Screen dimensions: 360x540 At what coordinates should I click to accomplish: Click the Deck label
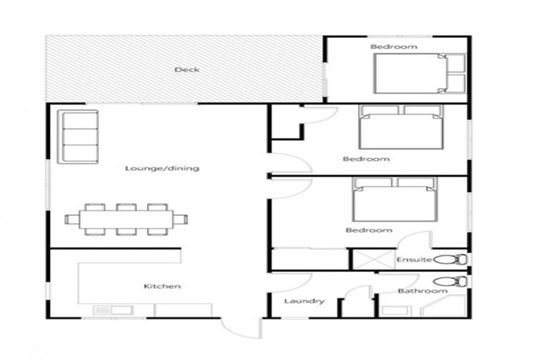187,70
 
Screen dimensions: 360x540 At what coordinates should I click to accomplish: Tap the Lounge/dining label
162,169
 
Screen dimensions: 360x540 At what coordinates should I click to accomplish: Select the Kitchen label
162,286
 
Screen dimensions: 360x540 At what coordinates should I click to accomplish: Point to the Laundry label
304,302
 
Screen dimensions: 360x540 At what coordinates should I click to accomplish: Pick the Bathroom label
423,291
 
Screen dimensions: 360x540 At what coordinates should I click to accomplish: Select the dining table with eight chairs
127,219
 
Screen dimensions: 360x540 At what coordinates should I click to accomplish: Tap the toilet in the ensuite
450,259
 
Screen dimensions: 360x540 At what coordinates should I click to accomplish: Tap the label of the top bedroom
394,47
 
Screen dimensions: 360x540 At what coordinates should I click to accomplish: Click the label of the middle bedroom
366,159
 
